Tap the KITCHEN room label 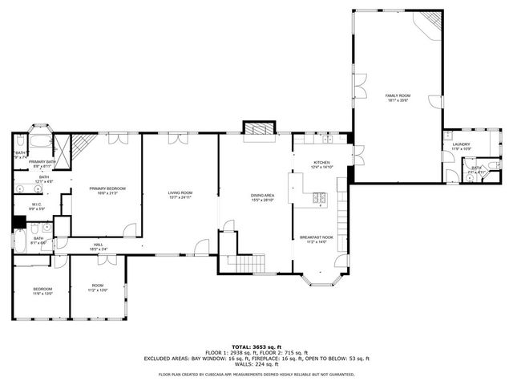pyautogui.click(x=321, y=164)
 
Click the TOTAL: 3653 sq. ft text pyautogui.click(x=256, y=346)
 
